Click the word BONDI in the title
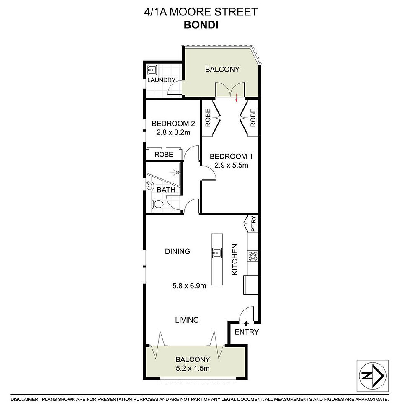click(x=201, y=25)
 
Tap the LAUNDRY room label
click(x=161, y=80)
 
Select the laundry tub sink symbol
click(x=152, y=70)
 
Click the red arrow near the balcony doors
click(x=237, y=98)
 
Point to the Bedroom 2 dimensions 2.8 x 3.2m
click(x=173, y=132)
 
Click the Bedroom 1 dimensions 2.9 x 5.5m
click(x=231, y=165)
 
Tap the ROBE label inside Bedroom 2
click(x=164, y=154)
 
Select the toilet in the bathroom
click(x=157, y=204)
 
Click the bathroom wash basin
click(x=149, y=186)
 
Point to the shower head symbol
click(x=178, y=173)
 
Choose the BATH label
click(x=166, y=190)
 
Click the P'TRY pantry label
click(x=253, y=224)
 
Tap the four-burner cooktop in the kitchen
click(x=253, y=256)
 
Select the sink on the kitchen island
click(x=216, y=253)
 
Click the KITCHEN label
click(x=234, y=259)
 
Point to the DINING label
click(x=178, y=251)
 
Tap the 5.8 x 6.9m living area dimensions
click(x=189, y=286)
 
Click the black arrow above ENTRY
click(x=246, y=324)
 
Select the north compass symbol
click(x=373, y=375)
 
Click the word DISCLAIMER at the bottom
click(x=24, y=399)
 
